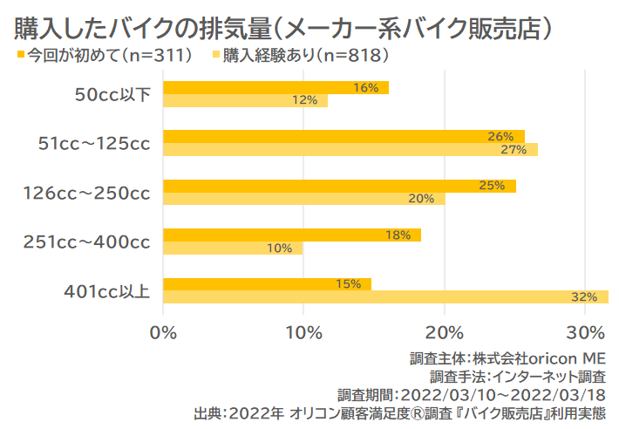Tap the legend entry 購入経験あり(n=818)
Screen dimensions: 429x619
click(x=302, y=57)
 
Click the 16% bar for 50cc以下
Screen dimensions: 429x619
click(x=275, y=87)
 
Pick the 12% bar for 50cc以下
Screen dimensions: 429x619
click(x=245, y=100)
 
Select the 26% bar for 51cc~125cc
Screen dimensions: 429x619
click(x=344, y=136)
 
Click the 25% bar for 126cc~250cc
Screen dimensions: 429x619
click(x=339, y=186)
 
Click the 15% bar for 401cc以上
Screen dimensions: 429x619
click(x=267, y=284)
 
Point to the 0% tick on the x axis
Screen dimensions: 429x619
click(x=163, y=332)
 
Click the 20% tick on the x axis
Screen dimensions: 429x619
click(x=445, y=332)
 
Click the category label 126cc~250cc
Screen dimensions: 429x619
click(x=86, y=193)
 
